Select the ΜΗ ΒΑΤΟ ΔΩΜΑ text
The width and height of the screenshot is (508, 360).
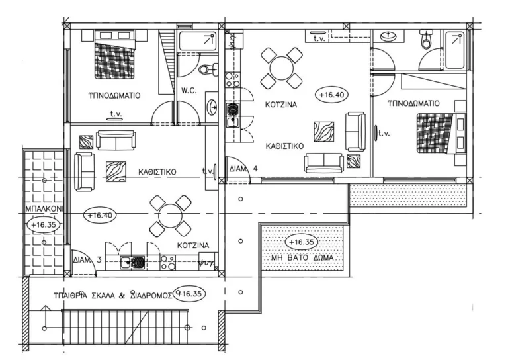pyautogui.click(x=301, y=257)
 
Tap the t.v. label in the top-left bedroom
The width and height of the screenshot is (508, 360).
pyautogui.click(x=116, y=113)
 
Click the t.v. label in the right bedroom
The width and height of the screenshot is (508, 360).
pyautogui.click(x=384, y=133)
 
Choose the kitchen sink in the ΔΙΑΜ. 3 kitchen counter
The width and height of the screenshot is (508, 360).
pyautogui.click(x=137, y=263)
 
